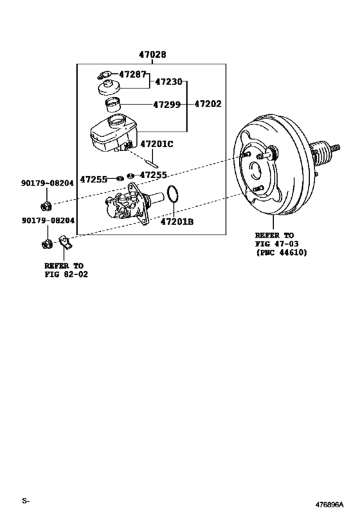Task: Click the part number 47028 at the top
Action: [152, 56]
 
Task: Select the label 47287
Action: [132, 75]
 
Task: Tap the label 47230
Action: [168, 82]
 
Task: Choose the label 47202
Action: [207, 103]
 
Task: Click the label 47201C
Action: [157, 144]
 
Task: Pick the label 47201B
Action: [177, 223]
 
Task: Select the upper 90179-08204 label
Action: [47, 183]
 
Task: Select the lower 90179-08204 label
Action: [47, 220]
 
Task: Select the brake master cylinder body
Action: [132, 206]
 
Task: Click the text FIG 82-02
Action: [66, 274]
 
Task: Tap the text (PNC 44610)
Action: [281, 253]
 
